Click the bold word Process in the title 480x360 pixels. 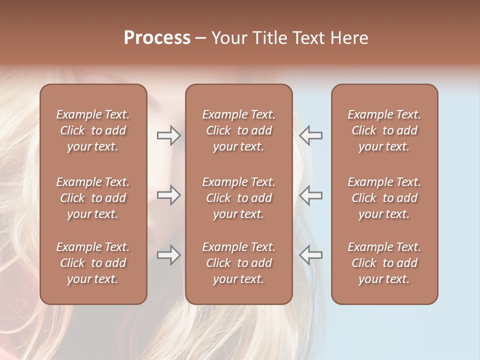[157, 38]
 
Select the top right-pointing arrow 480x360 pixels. [169, 135]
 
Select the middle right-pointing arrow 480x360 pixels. [169, 195]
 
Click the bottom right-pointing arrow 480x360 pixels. [169, 255]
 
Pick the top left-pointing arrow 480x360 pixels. [310, 135]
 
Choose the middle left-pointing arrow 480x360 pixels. [310, 195]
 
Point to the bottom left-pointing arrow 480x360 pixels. [310, 255]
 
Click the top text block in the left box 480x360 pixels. [93, 130]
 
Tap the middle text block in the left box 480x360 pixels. [93, 198]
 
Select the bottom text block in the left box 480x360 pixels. [93, 263]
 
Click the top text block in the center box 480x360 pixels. [239, 130]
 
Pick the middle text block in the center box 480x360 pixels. [239, 198]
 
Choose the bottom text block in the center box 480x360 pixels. [239, 263]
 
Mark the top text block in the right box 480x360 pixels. [384, 130]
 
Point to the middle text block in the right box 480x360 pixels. [384, 198]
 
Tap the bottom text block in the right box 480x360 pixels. [384, 263]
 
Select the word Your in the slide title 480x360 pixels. [227, 38]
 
